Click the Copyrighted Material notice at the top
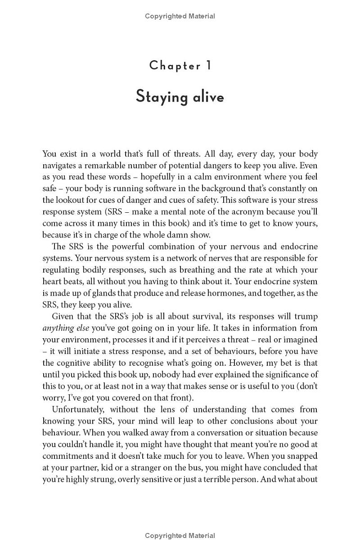pyautogui.click(x=180, y=16)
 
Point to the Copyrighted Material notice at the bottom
pyautogui.click(x=180, y=536)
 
